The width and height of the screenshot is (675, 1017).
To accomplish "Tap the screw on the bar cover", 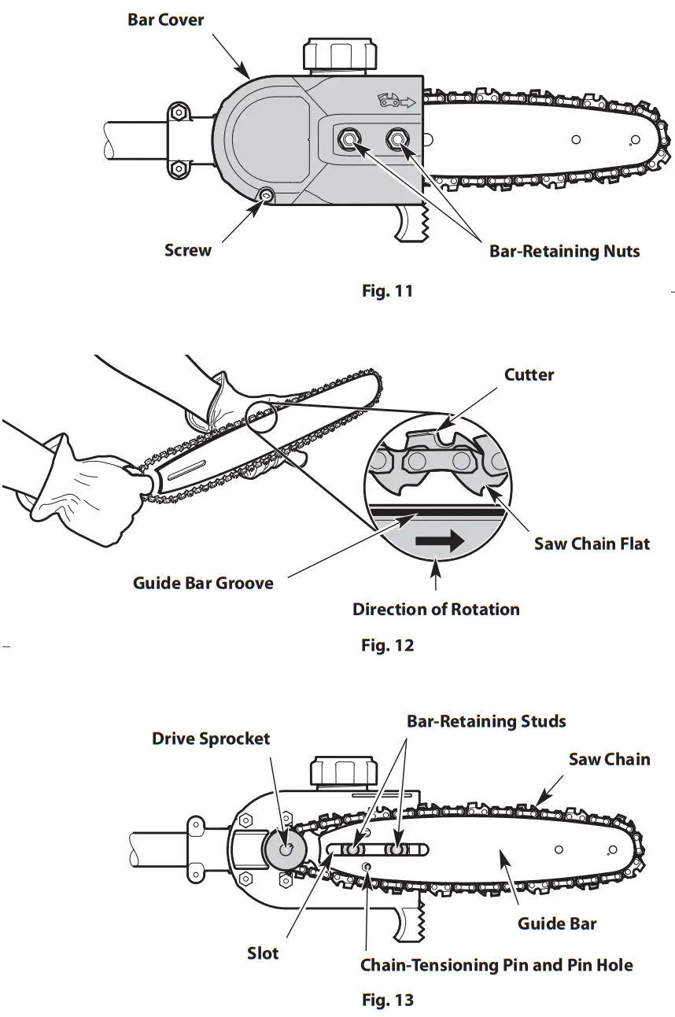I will (x=267, y=195).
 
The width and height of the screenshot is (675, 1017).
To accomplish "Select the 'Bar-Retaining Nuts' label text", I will (x=564, y=252).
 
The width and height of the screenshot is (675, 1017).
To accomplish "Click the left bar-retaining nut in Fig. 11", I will (x=348, y=139).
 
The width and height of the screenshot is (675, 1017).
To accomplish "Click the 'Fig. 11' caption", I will (x=387, y=291).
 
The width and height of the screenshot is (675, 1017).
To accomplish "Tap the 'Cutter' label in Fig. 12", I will (x=529, y=374).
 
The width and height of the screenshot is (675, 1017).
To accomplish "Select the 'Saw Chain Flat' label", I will (x=592, y=544).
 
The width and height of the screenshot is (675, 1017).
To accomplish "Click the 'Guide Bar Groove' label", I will (x=203, y=584).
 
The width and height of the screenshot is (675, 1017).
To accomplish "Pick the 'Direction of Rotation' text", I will (x=435, y=610).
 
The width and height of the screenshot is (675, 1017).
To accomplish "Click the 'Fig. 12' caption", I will (x=387, y=646).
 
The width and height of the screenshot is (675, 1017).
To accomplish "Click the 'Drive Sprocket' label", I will (x=210, y=739).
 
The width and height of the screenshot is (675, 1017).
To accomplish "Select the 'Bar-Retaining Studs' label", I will (x=485, y=721).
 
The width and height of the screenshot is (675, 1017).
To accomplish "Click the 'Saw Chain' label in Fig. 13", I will (x=609, y=759).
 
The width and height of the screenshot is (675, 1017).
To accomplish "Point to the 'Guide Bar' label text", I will (x=556, y=923).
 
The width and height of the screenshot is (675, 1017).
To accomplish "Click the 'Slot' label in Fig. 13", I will (x=263, y=953).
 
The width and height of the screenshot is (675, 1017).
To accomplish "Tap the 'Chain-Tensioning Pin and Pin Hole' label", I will (x=496, y=964).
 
